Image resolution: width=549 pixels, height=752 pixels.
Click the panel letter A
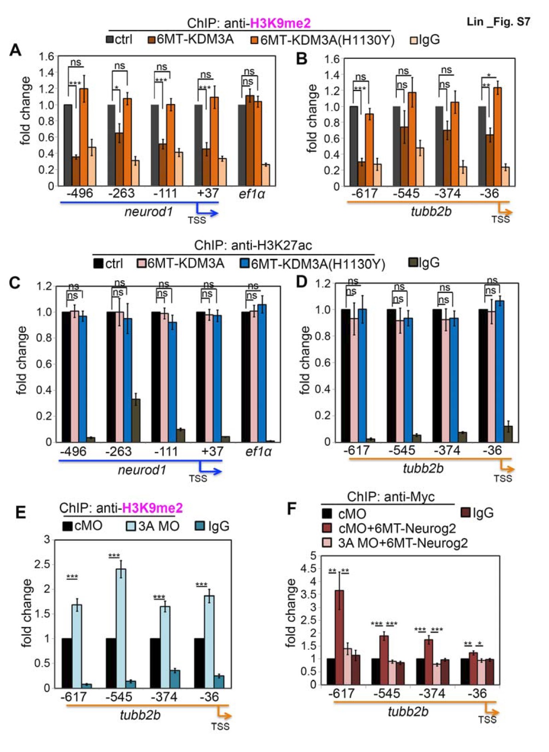click(x=15, y=50)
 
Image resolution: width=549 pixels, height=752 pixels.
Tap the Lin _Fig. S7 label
click(x=498, y=22)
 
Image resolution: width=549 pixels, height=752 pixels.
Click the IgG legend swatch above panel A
click(x=413, y=40)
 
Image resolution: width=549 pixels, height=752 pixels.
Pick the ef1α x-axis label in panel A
click(x=252, y=194)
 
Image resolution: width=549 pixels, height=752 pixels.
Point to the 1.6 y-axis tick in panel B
click(x=332, y=59)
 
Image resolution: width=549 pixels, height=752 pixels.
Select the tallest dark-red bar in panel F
click(x=339, y=637)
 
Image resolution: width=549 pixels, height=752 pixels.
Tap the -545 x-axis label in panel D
click(x=402, y=450)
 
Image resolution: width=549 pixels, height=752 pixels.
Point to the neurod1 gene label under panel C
click(x=142, y=470)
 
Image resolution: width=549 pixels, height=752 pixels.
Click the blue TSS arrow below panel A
click(x=209, y=212)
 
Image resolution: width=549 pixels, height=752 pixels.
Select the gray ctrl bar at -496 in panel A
click(x=68, y=145)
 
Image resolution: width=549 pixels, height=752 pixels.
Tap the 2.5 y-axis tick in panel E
click(x=43, y=564)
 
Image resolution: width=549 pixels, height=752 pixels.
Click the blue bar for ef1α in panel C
click(x=262, y=373)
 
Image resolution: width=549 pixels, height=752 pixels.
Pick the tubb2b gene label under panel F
click(x=408, y=712)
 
